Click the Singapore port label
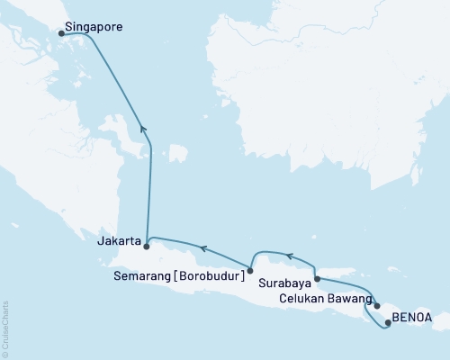click(x=94, y=28)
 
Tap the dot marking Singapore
click(x=61, y=33)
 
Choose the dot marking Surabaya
click(x=317, y=280)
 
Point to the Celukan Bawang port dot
click(x=377, y=306)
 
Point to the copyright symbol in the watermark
click(x=5, y=353)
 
